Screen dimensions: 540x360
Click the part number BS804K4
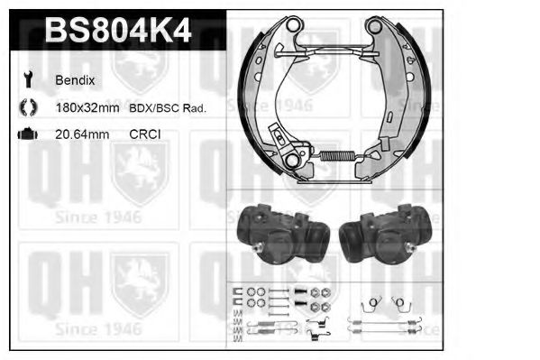point(118,31)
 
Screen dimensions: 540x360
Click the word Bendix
point(75,80)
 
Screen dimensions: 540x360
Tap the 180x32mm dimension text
point(87,108)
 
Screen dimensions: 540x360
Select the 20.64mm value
point(82,134)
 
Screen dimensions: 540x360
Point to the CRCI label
point(145,134)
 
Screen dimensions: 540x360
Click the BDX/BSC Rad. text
point(168,108)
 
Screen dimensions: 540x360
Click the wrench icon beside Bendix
point(28,79)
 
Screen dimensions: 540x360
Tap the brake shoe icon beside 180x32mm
point(28,106)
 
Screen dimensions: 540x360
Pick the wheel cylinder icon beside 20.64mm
point(28,134)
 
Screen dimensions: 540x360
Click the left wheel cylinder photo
point(283,233)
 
